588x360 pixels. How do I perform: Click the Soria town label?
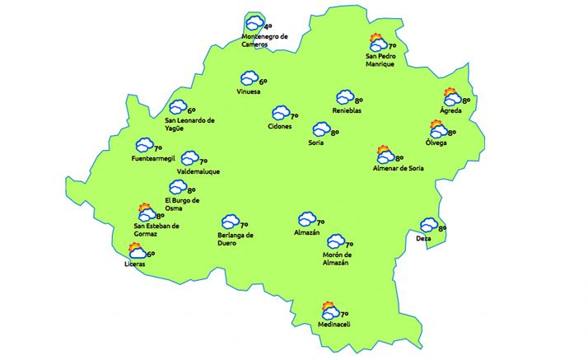click(315, 143)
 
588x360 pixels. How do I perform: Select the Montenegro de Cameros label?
click(265, 40)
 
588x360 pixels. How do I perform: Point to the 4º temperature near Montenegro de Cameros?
click(268, 26)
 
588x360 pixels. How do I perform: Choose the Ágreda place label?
click(450, 110)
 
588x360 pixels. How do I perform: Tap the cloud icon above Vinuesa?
click(249, 79)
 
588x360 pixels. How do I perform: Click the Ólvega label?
click(436, 143)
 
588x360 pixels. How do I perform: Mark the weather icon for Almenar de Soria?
click(385, 155)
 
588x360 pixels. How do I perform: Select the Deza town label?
click(423, 239)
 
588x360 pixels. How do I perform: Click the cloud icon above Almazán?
click(307, 218)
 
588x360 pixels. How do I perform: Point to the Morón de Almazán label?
click(336, 258)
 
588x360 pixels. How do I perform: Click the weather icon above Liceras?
click(137, 251)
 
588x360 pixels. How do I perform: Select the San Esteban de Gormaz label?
click(156, 230)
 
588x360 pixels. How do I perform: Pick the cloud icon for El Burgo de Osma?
click(177, 188)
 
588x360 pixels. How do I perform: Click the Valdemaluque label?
click(198, 171)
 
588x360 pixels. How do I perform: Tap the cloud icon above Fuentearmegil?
click(144, 146)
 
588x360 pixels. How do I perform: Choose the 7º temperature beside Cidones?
click(294, 116)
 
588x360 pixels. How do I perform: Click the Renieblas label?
click(347, 110)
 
